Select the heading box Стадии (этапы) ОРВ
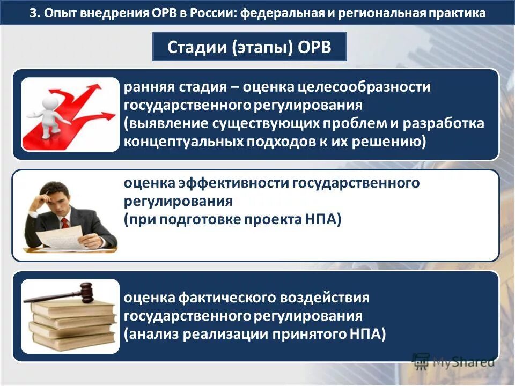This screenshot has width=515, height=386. [x=249, y=47]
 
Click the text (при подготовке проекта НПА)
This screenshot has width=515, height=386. [x=232, y=220]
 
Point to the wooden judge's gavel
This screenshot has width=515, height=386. [x=59, y=293]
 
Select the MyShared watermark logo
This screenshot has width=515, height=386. [x=453, y=361]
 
